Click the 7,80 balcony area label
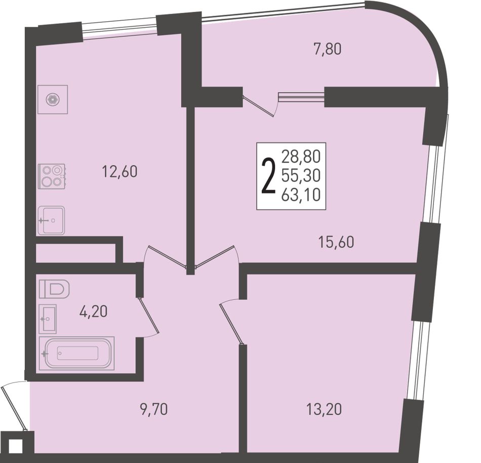(327, 50)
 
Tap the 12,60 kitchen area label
(119, 171)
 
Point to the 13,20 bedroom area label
(324, 409)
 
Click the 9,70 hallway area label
(154, 409)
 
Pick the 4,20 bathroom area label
(93, 312)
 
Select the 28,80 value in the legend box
(301, 157)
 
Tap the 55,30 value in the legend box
(301, 176)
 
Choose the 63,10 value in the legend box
(301, 195)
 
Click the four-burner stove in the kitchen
(52, 176)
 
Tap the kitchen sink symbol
(51, 220)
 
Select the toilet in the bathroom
(54, 289)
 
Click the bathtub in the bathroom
(76, 353)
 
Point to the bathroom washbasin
(48, 319)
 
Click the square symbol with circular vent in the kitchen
(53, 99)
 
